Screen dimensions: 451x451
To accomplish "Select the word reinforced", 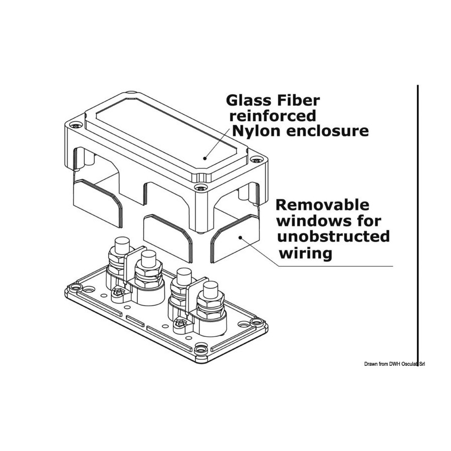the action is coord(273,116).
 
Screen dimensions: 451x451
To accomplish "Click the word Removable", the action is coord(322,205).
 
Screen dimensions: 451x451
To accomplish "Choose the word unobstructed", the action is coord(334,237).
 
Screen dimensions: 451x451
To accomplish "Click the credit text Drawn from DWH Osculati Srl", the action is coord(394,364).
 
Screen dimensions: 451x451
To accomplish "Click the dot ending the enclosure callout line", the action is coord(205,158).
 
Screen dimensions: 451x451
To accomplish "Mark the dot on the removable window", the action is coord(241,238).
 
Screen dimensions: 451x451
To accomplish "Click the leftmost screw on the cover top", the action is coord(76,125).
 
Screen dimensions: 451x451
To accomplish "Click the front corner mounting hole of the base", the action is coord(200,350).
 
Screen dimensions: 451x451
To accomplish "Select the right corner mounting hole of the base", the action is coord(256,321).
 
